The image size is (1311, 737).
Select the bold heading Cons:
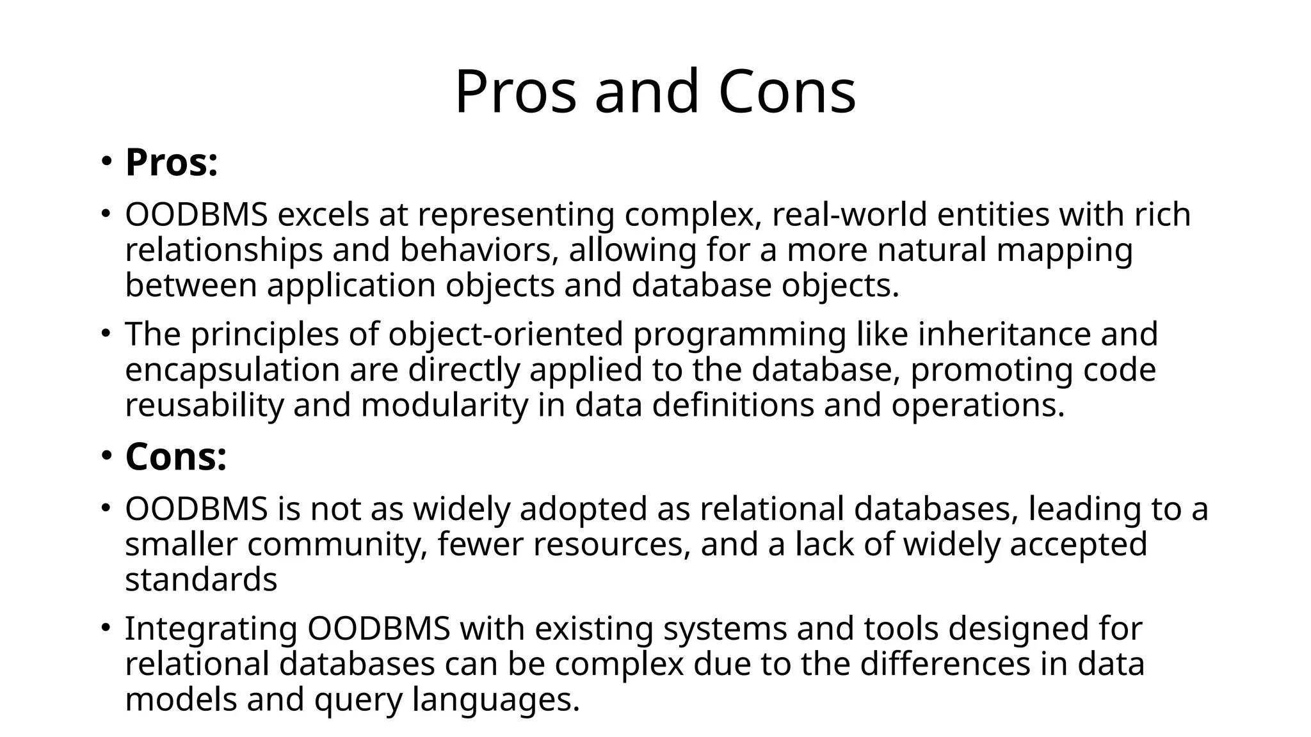(x=176, y=457)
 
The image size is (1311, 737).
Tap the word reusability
(x=204, y=406)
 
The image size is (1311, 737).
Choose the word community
(x=337, y=545)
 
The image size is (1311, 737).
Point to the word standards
(x=201, y=580)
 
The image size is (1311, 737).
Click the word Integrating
(x=211, y=629)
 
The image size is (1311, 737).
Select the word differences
(x=945, y=664)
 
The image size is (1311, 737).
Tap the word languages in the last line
(x=495, y=699)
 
